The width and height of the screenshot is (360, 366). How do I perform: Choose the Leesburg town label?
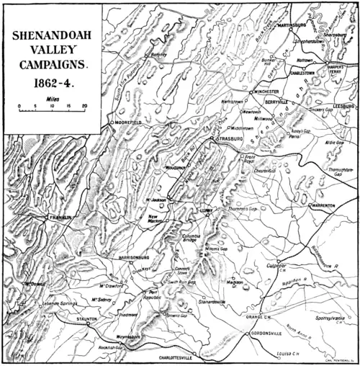[343, 106]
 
